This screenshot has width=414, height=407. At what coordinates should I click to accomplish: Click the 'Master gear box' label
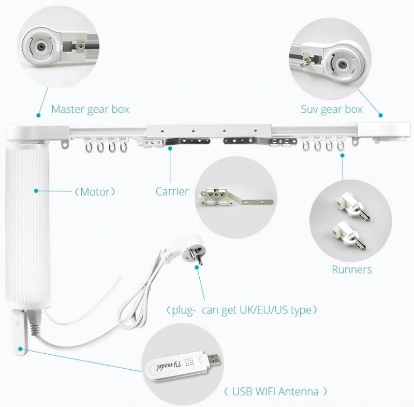90,110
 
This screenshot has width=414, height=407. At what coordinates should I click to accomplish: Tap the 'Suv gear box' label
332,110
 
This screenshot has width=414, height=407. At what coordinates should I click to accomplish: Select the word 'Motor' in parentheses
95,192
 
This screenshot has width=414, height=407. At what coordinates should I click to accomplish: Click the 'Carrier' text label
172,191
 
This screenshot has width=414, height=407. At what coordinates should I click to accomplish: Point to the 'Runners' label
352,269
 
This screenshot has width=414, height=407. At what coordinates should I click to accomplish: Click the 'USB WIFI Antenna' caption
275,391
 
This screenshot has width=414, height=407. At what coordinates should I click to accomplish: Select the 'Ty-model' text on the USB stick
169,366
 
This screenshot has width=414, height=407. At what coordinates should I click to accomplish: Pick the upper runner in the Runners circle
352,206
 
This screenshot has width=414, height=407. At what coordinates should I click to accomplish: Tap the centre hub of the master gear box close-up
41,47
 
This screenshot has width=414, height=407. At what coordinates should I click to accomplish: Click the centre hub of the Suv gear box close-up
343,64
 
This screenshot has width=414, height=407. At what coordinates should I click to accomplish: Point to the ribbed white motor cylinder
27,224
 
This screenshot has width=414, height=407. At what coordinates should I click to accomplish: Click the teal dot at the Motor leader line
36,191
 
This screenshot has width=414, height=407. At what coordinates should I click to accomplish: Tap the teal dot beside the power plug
197,267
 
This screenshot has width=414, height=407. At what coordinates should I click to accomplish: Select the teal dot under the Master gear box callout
38,115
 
